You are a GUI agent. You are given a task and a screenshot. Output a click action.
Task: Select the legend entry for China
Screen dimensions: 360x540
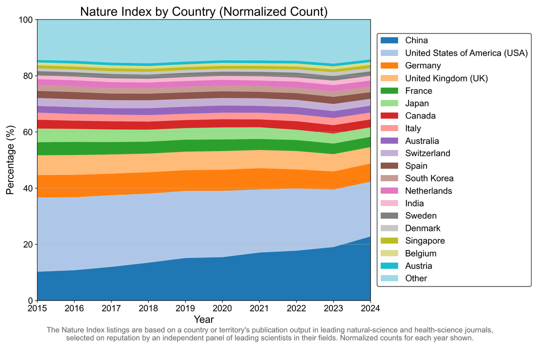point(416,40)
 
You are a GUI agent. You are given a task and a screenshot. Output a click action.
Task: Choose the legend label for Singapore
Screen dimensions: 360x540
point(425,240)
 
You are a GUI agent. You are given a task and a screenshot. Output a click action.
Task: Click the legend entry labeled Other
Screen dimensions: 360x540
point(416,278)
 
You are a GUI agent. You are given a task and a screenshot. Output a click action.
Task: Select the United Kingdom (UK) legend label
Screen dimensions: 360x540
point(446,78)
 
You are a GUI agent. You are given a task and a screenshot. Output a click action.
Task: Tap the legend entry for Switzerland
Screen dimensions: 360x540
point(427,153)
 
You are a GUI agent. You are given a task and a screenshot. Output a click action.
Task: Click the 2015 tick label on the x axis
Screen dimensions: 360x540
point(37,308)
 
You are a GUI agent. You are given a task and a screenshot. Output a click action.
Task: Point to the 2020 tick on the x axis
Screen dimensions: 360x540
point(222,308)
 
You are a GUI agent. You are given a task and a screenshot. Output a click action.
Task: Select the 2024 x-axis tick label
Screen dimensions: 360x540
point(370,308)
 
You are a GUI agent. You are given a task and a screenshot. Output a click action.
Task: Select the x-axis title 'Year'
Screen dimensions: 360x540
point(204,319)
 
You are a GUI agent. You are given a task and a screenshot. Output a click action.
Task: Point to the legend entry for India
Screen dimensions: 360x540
point(414,203)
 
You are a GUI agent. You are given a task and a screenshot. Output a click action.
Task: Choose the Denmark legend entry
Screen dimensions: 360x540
point(422,228)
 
